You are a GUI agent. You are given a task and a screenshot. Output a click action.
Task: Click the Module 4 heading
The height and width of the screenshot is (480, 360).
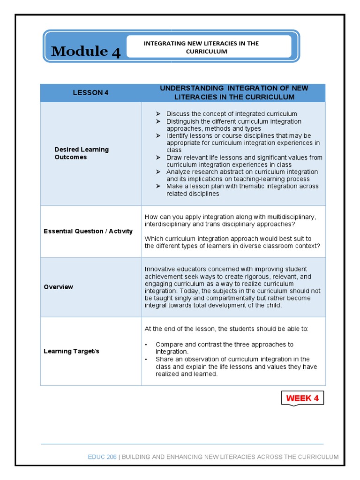pos(86,51)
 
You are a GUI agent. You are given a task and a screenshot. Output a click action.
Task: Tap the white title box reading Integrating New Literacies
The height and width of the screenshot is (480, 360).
pos(208,47)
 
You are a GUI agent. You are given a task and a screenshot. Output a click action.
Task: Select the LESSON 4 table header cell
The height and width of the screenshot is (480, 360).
pos(90,93)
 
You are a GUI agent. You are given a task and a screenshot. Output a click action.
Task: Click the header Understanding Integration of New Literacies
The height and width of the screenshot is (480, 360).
pos(234,93)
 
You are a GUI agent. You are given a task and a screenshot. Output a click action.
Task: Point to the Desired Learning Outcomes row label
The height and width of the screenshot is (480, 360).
pos(82,153)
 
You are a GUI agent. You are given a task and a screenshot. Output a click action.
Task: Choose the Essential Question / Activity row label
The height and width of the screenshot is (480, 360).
pos(88,231)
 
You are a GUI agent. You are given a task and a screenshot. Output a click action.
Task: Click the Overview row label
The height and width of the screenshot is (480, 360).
pos(59,287)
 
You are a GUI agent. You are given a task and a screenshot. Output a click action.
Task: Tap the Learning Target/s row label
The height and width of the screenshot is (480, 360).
pos(71,351)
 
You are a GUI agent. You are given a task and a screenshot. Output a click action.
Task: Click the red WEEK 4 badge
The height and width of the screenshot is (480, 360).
pos(302,398)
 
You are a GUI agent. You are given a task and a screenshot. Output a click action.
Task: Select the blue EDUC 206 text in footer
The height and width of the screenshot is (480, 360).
pos(103,457)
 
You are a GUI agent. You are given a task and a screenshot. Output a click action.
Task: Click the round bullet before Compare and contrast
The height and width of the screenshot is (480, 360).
pos(146,345)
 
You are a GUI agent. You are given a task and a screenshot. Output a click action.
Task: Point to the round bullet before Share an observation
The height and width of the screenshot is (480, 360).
pos(146,360)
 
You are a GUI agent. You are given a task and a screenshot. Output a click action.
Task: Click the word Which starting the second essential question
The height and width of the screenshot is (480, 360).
pos(154,239)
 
